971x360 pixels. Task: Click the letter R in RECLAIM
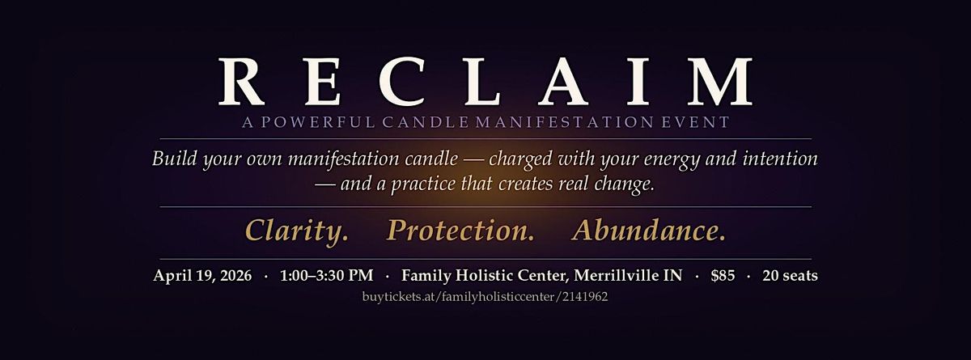242,82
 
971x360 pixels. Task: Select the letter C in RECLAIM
401,82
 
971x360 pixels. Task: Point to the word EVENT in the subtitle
695,122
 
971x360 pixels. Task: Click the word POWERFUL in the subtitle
318,122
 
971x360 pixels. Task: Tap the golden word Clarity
297,230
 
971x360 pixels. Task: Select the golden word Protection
460,230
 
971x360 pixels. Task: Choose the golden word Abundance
648,230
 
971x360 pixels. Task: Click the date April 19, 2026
202,276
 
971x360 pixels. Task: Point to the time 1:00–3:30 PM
326,275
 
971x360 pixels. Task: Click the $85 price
723,275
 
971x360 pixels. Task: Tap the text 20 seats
790,275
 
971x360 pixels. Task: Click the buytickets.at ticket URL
485,297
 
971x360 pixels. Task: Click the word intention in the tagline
780,158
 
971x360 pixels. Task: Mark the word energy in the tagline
671,160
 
